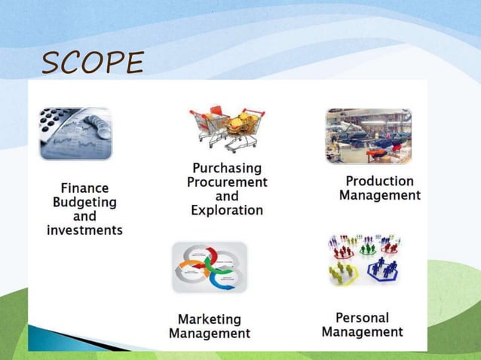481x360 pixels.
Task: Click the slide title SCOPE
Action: pyautogui.click(x=92, y=64)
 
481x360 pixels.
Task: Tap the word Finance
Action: pyautogui.click(x=84, y=188)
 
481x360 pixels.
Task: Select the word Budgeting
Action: pyautogui.click(x=84, y=203)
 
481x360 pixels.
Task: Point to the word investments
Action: pyautogui.click(x=84, y=230)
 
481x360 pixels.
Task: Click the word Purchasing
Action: pyautogui.click(x=227, y=168)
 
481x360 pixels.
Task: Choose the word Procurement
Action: pyautogui.click(x=227, y=182)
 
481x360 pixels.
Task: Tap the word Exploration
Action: pyautogui.click(x=227, y=210)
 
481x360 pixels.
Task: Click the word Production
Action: pyautogui.click(x=379, y=181)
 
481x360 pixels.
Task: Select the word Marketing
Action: pyautogui.click(x=210, y=319)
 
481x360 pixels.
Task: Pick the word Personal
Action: pyautogui.click(x=362, y=317)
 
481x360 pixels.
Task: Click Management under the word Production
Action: pyautogui.click(x=379, y=195)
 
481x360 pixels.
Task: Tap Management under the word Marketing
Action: pyautogui.click(x=210, y=333)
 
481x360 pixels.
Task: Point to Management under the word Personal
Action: pyautogui.click(x=362, y=331)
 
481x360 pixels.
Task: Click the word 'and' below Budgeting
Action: pyautogui.click(x=84, y=217)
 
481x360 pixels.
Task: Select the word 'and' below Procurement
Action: pyautogui.click(x=227, y=197)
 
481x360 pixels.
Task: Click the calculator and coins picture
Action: pyautogui.click(x=75, y=133)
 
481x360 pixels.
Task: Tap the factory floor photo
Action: pyautogui.click(x=369, y=136)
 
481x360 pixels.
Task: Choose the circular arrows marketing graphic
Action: pyautogui.click(x=209, y=267)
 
